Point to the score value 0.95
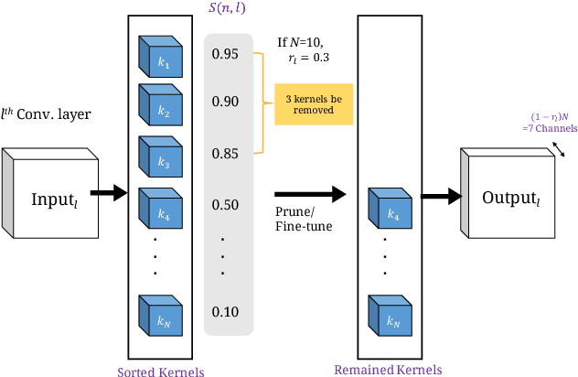coord(225,54)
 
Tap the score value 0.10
coord(225,312)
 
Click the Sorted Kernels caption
coord(160,371)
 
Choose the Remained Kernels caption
coord(387,369)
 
